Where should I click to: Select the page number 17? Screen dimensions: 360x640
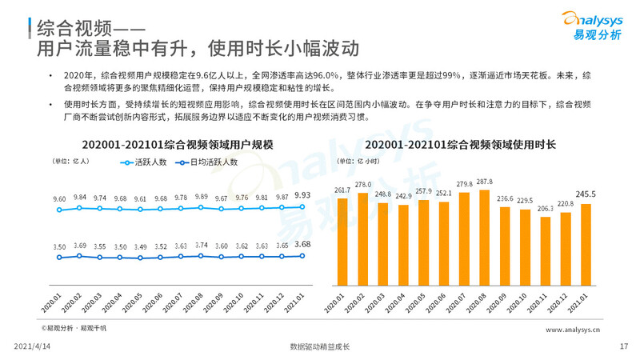pyautogui.click(x=624, y=346)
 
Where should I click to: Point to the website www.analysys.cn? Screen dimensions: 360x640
pyautogui.click(x=574, y=329)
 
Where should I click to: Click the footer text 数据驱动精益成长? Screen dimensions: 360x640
pyautogui.click(x=320, y=346)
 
